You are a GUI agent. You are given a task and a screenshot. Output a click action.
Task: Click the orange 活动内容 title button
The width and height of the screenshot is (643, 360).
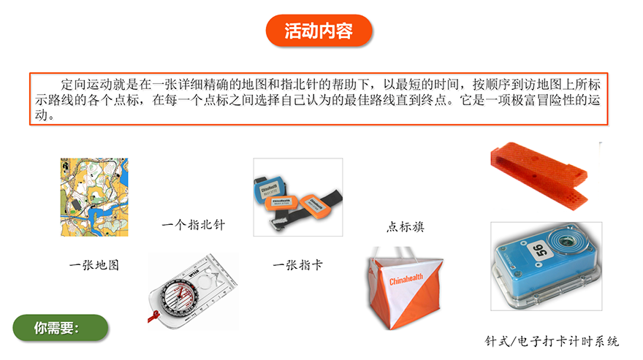[319, 31]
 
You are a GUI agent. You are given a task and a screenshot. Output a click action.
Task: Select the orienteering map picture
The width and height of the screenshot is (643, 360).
[94, 196]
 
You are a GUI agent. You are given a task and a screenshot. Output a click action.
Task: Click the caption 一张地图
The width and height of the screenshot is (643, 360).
[94, 265]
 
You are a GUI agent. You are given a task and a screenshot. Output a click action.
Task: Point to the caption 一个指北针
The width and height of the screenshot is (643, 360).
[193, 225]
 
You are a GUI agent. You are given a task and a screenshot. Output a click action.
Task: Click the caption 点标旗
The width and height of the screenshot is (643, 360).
[406, 227]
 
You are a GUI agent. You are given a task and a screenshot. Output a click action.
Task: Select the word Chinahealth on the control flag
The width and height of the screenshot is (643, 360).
[406, 280]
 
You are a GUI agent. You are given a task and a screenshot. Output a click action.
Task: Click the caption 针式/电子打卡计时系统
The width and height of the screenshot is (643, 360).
[552, 341]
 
